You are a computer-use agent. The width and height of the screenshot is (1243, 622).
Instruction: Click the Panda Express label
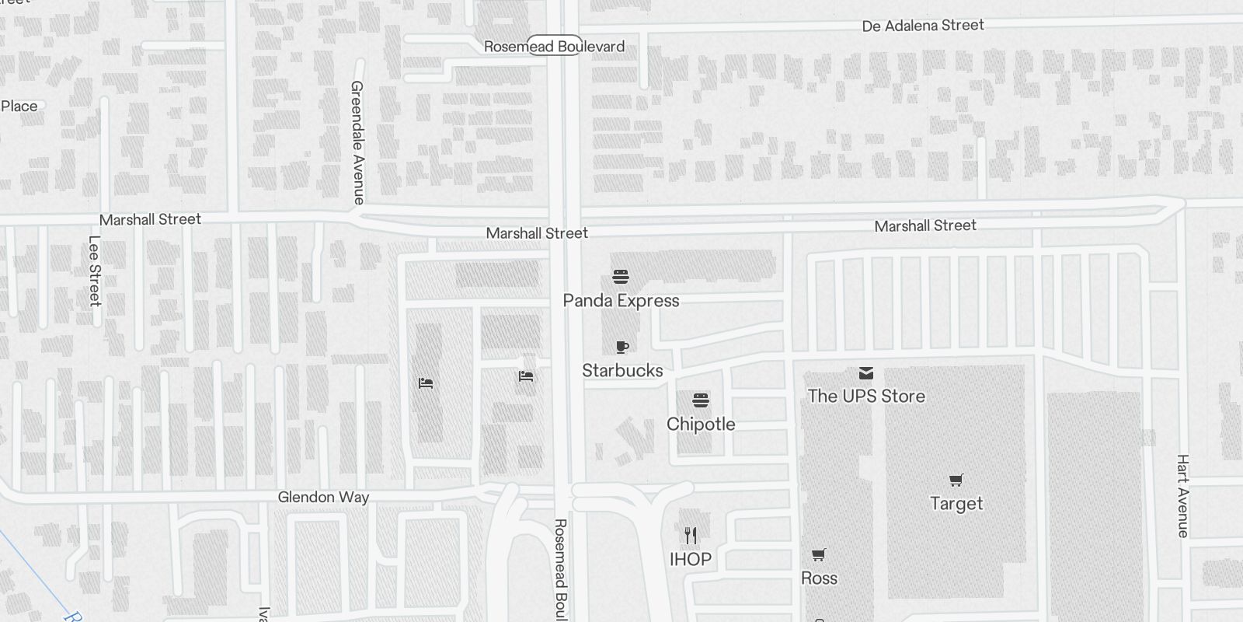tap(621, 301)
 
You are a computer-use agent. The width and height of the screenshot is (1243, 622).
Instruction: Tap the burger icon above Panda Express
tap(620, 277)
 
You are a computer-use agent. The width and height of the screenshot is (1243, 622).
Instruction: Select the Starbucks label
tap(622, 371)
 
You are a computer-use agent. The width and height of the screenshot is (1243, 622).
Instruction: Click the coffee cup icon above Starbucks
tap(621, 347)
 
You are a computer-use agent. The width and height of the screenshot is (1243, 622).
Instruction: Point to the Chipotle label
tap(701, 425)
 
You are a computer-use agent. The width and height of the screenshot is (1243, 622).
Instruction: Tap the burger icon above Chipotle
tap(701, 400)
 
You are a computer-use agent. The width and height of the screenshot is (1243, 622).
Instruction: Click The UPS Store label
tap(866, 397)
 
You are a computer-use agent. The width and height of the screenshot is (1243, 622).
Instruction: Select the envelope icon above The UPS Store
tap(866, 373)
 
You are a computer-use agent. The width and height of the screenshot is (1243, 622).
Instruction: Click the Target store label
tap(956, 504)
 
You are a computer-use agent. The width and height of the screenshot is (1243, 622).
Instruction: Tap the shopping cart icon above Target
tap(956, 480)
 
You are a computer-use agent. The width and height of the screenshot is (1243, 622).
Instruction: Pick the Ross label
tap(819, 578)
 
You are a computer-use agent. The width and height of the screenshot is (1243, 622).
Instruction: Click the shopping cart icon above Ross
tap(818, 555)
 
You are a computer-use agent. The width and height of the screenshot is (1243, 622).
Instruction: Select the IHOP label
tap(691, 560)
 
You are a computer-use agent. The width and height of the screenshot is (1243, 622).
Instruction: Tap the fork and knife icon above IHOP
tap(691, 535)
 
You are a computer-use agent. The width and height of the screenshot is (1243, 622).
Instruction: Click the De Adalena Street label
tap(923, 26)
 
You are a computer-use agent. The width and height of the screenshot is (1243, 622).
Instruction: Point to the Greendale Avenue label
tap(357, 142)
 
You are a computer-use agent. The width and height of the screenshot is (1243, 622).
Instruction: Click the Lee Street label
tap(95, 271)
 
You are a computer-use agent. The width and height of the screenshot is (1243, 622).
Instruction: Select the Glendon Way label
tap(323, 498)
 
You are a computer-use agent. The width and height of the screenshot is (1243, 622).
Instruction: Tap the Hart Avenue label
tap(1182, 496)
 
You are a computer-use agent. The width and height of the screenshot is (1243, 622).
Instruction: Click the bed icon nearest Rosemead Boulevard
tap(526, 376)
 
